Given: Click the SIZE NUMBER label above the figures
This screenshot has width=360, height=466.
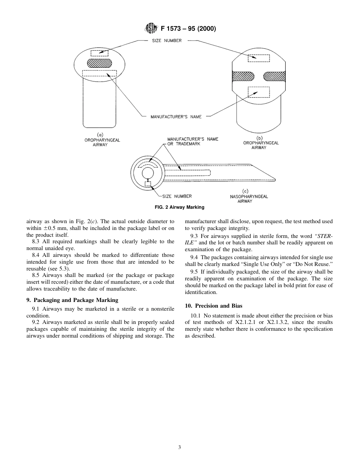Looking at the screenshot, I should point(167,41).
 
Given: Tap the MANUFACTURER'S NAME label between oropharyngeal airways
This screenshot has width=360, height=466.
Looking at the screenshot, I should point(176,117).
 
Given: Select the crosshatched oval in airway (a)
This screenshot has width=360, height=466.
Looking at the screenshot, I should point(100,63).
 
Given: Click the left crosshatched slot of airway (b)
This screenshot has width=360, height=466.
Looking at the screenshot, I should point(243,77).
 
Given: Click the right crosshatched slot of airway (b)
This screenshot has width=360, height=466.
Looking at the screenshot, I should point(274,77).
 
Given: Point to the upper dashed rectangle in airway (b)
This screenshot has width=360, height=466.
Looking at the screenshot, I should point(258,58).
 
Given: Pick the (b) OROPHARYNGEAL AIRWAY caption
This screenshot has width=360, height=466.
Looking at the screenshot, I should point(260,143).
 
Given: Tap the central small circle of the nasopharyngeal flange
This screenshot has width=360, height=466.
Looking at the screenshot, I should point(147,173).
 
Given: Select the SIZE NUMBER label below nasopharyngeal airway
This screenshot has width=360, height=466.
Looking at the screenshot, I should point(177,196).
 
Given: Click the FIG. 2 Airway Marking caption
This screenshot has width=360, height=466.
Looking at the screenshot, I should point(180,207).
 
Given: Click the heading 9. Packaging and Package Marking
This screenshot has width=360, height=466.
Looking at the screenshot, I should point(72,300).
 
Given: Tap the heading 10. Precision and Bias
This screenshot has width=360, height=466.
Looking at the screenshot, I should point(213,306).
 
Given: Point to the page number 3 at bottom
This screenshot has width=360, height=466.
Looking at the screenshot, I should point(180,447).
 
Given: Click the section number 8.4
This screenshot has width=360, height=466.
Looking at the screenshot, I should point(36,255).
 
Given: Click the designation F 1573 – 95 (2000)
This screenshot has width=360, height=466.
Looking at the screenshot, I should point(188,28).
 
